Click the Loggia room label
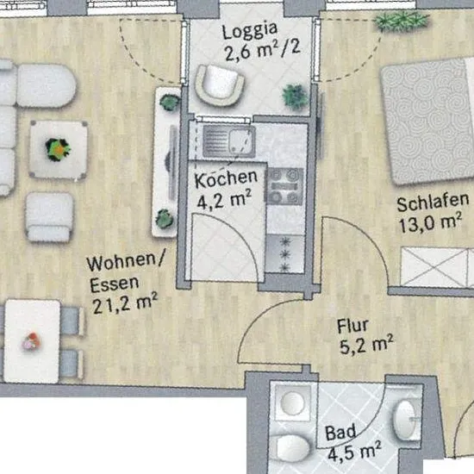coord(250,30)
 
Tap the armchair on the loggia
coord(220,85)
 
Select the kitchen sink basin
coord(240,141)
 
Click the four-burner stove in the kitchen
coord(284,186)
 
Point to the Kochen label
coord(226,179)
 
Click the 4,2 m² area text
coord(224,200)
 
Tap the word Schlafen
coord(433,202)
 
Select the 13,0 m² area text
coord(430,223)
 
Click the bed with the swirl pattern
coord(427,121)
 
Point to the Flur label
coord(352,326)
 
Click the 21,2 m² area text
coord(125,303)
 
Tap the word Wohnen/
coord(126,262)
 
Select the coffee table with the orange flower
coord(59,149)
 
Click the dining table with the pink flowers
coord(32,341)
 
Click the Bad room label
coord(340,433)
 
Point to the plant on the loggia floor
coord(295,97)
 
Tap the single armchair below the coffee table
coord(50,216)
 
